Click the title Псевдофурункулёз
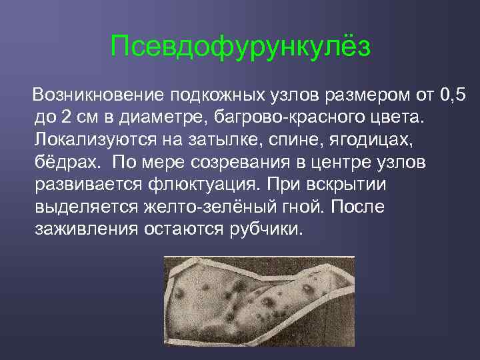pyautogui.click(x=240, y=47)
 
